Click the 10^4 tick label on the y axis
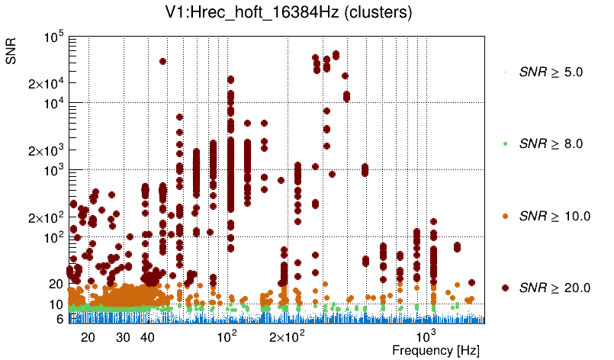coord(54,104)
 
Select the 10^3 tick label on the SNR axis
coord(54,171)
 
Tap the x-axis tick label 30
coord(124,336)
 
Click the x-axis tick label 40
coord(148,336)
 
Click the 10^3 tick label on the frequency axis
coord(424,336)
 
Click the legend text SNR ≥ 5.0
coord(551,72)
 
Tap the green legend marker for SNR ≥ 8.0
coord(506,143)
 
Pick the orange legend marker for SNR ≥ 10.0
coord(506,216)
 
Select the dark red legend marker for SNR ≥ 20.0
coord(506,288)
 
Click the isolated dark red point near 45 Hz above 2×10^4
coord(162,62)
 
